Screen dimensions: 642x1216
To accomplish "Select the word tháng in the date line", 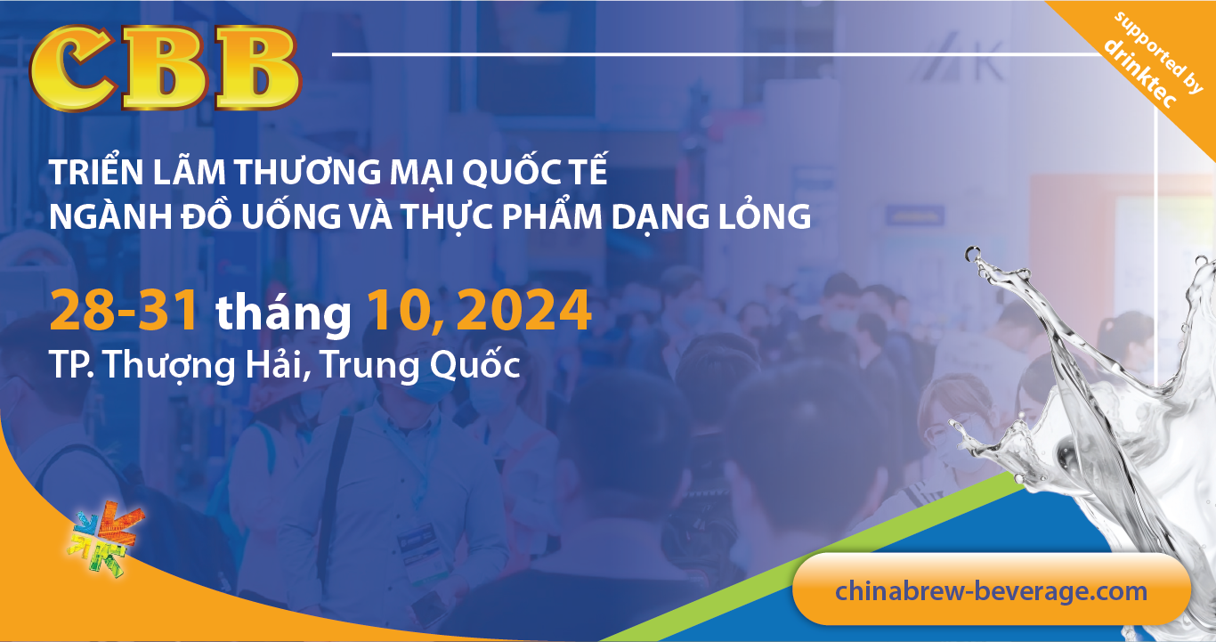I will [283, 313].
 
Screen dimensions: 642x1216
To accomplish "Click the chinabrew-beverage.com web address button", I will [991, 590].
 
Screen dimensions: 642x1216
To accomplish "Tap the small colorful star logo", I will [97, 534].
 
